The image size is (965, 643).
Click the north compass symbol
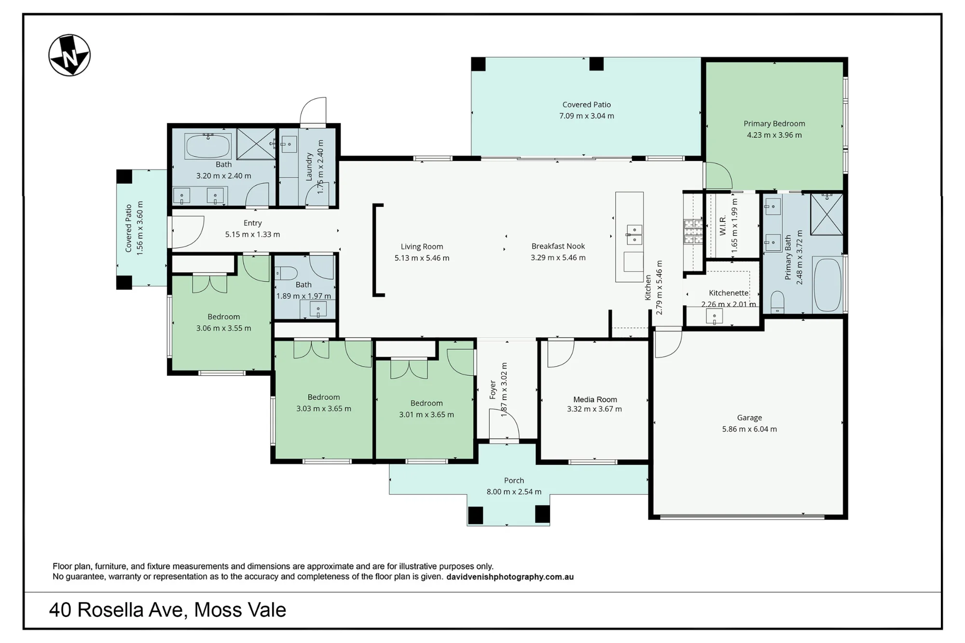click(x=69, y=55)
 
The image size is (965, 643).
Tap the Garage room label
click(x=749, y=418)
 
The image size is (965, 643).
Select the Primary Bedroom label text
click(x=774, y=123)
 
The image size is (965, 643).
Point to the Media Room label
click(x=595, y=399)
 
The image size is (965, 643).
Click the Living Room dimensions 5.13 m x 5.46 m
click(x=422, y=258)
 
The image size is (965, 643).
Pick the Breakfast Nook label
click(x=558, y=246)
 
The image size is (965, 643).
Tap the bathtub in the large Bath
click(x=208, y=146)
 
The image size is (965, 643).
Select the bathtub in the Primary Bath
click(x=827, y=285)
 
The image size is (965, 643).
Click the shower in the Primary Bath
click(x=827, y=215)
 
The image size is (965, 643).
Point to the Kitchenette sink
click(x=714, y=316)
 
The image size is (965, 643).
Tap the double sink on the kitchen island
click(x=634, y=234)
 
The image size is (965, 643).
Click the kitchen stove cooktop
click(x=693, y=232)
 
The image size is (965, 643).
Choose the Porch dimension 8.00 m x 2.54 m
click(x=514, y=492)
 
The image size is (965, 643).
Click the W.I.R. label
click(x=723, y=225)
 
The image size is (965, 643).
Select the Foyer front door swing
click(x=504, y=424)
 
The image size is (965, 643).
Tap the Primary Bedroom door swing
click(x=718, y=175)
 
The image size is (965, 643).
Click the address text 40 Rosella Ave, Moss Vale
click(x=167, y=610)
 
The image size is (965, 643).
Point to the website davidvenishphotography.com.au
click(x=510, y=577)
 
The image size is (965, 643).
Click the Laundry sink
click(x=289, y=144)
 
